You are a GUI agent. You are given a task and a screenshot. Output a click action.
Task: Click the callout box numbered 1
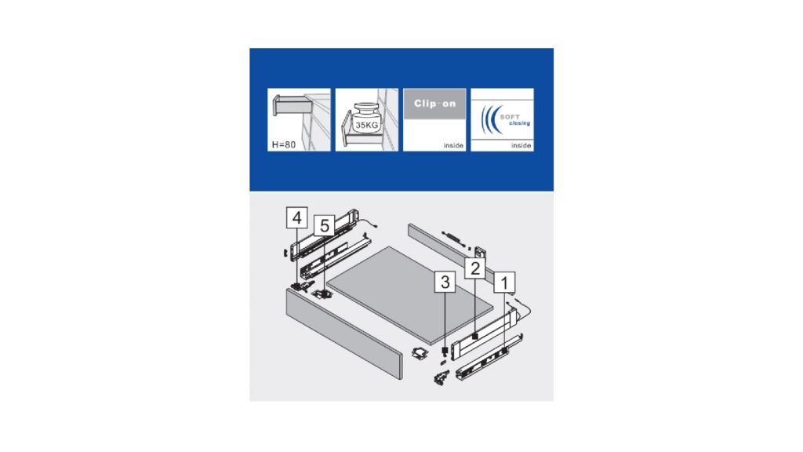pos(504,282)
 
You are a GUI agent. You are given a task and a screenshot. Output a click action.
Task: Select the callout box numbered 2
pos(474,268)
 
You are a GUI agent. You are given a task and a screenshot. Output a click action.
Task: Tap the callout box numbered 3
pos(445,282)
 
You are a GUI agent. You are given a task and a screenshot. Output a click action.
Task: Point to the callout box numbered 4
pos(297,218)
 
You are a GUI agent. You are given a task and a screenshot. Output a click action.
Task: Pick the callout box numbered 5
pos(324,225)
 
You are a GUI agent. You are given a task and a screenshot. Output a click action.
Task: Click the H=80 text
pos(284,144)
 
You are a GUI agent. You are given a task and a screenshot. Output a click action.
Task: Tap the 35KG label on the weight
pos(367,125)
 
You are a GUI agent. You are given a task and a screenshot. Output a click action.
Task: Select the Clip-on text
pos(434,104)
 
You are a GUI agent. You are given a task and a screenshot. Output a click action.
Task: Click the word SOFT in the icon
pos(510,117)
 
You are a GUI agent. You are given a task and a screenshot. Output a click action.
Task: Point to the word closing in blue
pos(519,123)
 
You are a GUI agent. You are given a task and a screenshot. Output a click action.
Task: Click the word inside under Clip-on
pos(453,145)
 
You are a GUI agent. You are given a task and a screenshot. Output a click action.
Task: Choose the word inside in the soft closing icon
pos(521,145)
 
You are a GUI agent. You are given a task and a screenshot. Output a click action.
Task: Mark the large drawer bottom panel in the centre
pos(409,295)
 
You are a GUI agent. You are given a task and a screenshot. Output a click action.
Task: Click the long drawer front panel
pos(344,333)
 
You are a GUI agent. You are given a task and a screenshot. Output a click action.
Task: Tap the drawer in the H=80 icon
pos(291,106)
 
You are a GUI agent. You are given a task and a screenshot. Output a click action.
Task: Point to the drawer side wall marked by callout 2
pos(483,332)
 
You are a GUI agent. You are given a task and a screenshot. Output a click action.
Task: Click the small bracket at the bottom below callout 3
pos(441,378)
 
